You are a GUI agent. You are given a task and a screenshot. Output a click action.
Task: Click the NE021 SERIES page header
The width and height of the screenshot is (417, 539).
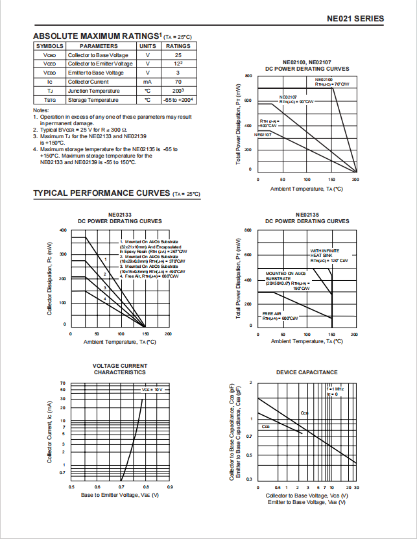[x=355, y=19]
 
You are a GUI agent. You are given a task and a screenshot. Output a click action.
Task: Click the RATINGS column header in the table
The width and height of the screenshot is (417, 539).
[x=178, y=46]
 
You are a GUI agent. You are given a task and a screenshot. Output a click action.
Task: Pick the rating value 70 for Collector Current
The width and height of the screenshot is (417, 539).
[x=178, y=82]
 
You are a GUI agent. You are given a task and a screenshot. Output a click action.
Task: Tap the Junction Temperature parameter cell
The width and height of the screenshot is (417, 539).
[x=94, y=91]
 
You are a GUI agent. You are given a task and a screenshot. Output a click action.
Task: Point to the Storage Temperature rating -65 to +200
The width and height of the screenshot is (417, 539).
[x=178, y=101]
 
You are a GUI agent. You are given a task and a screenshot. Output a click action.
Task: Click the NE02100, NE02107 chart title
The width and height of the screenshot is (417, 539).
[x=307, y=62]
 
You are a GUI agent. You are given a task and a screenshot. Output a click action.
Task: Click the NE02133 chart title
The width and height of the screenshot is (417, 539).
[x=120, y=215]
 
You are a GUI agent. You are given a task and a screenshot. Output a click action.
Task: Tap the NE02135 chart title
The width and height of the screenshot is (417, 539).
[x=307, y=215]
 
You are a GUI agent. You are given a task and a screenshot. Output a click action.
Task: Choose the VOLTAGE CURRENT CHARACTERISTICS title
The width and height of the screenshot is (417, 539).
[x=120, y=369]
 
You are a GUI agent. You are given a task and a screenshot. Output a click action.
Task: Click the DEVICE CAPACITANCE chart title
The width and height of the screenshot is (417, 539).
[x=307, y=372]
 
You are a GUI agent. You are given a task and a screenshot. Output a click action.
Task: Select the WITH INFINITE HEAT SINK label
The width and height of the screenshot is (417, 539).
[x=323, y=253]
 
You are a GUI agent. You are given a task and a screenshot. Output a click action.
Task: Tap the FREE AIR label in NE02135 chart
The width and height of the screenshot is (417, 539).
[x=272, y=313]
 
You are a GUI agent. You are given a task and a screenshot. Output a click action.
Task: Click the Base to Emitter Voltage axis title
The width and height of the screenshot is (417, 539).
[x=120, y=495]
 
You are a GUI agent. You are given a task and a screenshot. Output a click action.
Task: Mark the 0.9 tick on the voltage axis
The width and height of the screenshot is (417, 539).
[x=170, y=486]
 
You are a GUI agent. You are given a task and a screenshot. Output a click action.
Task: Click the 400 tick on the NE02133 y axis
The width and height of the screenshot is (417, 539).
[x=64, y=230]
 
